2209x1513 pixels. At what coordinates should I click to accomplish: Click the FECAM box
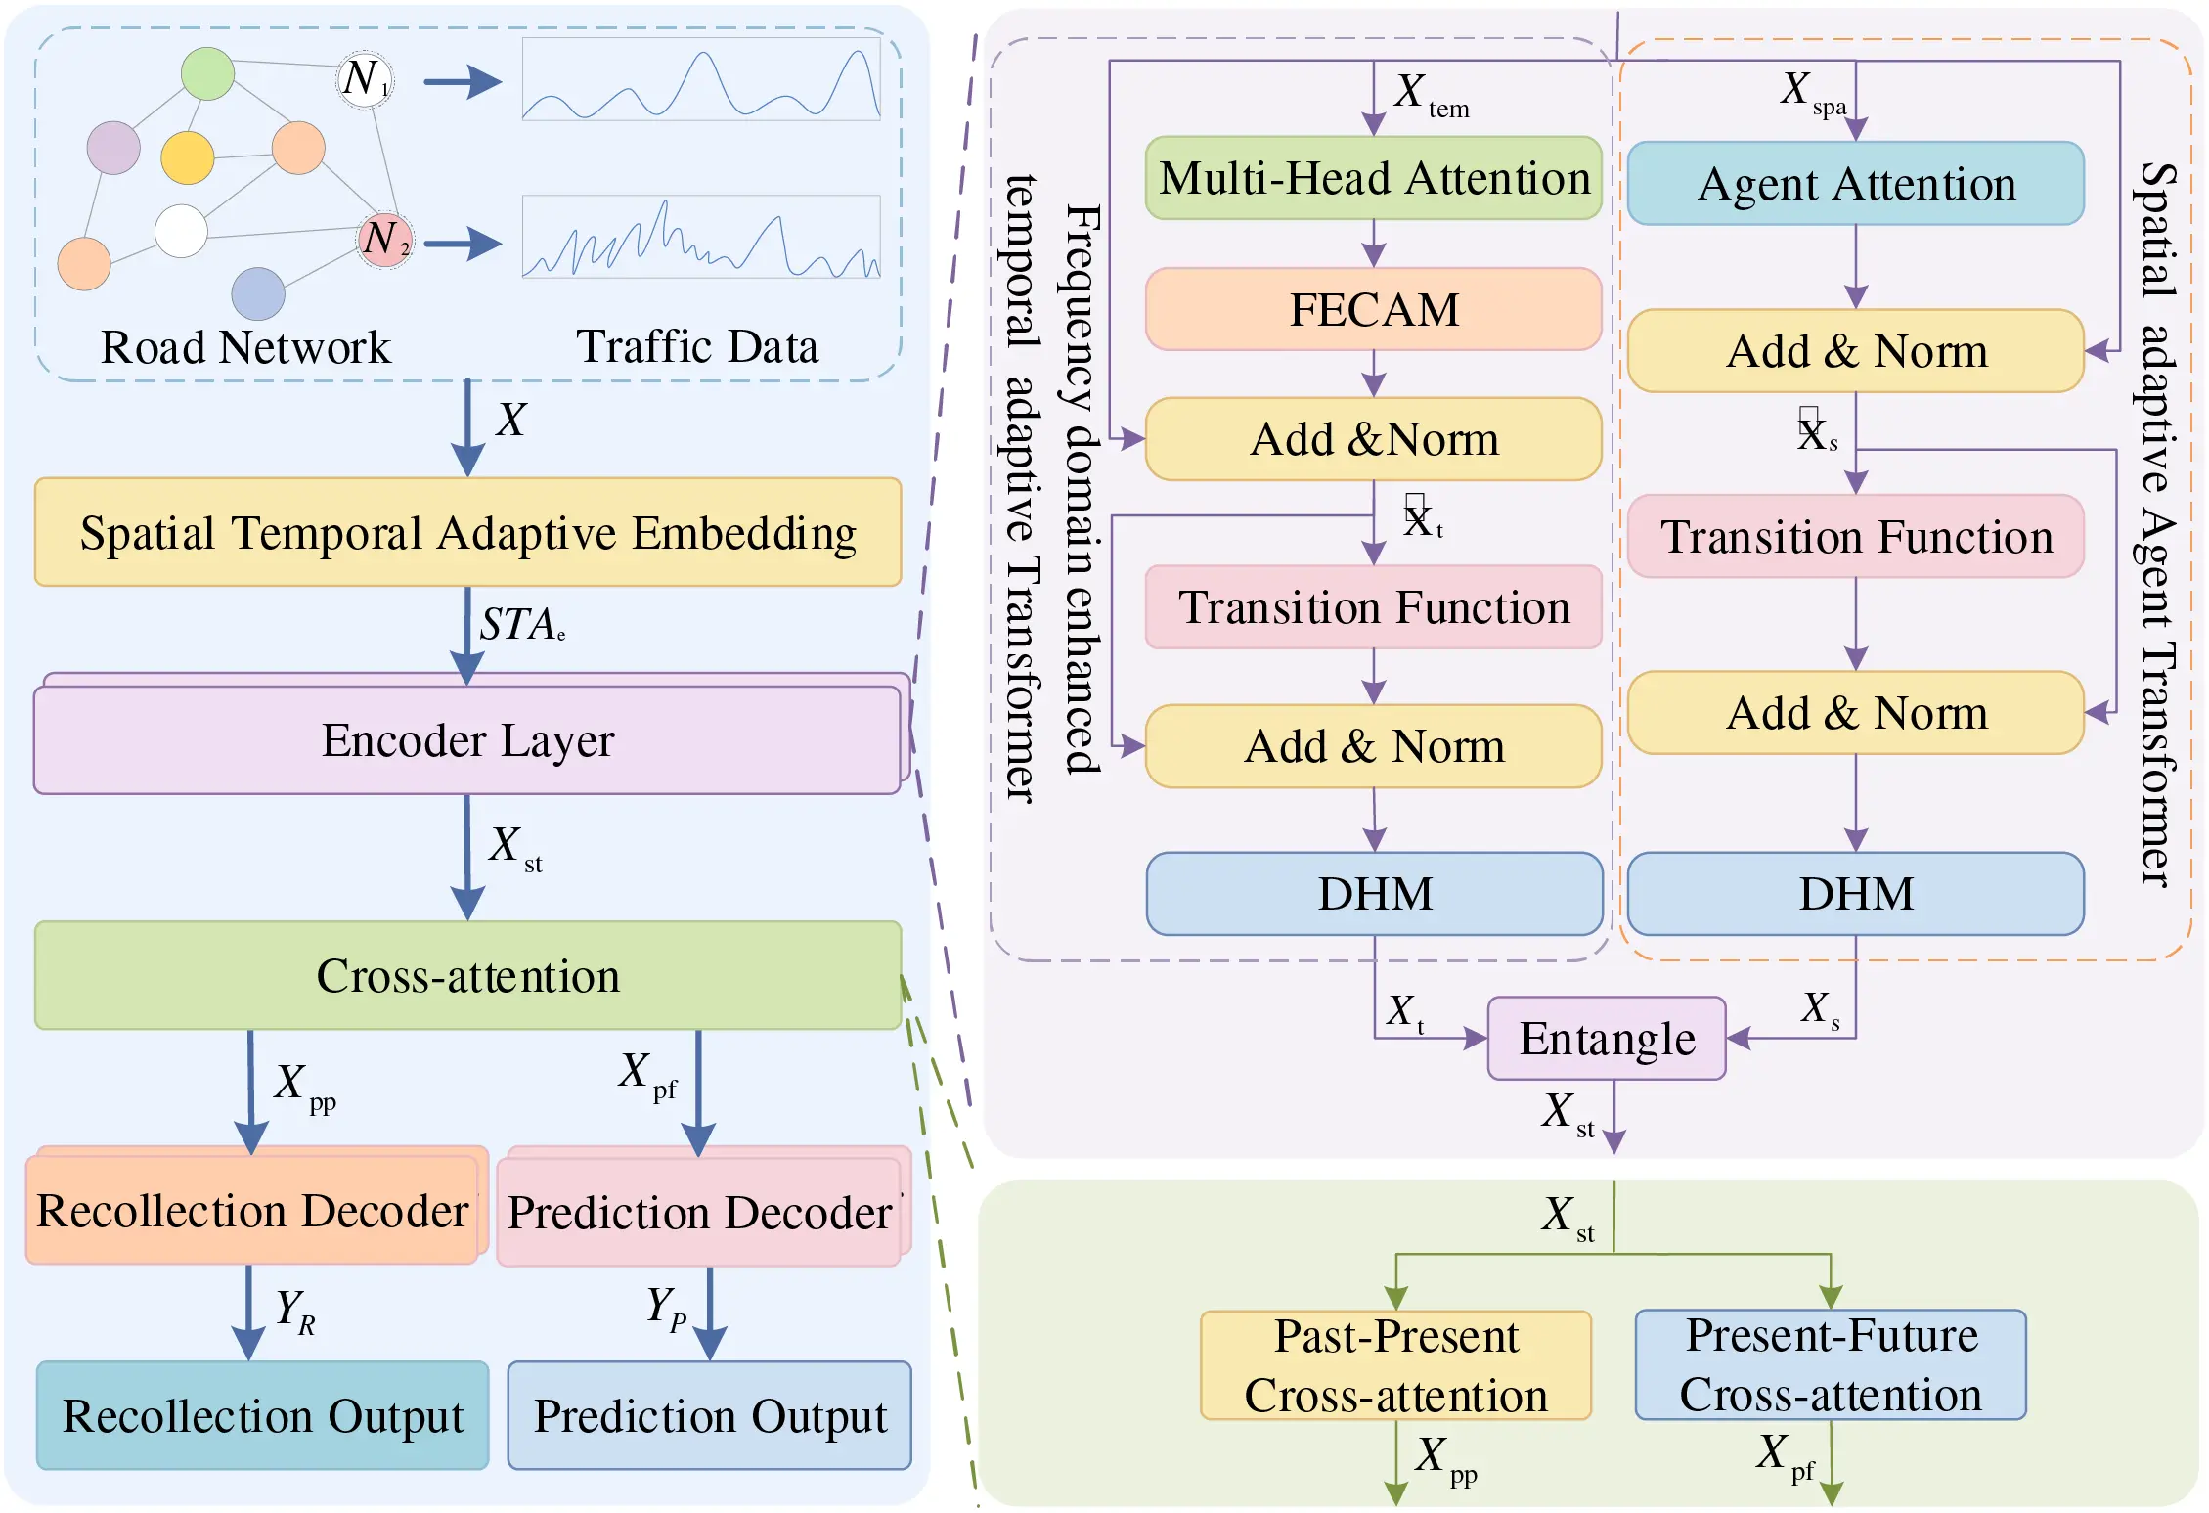(x=1373, y=309)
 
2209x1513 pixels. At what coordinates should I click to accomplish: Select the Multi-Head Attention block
(x=1373, y=178)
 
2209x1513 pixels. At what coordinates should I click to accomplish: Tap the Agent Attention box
(x=1855, y=184)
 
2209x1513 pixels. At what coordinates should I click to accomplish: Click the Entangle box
(x=1606, y=1039)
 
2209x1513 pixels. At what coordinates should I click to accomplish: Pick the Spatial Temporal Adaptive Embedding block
(x=467, y=533)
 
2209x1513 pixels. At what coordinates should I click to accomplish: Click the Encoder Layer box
(x=467, y=740)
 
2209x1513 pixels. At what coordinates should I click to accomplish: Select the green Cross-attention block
(x=467, y=976)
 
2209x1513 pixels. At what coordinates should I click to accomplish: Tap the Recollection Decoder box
(x=252, y=1211)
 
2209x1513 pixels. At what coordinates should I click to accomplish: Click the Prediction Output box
(x=709, y=1415)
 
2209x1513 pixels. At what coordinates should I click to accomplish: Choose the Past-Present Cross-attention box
(x=1395, y=1365)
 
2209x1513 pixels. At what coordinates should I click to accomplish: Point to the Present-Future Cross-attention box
(x=1830, y=1365)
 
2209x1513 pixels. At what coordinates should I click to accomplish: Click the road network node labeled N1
(x=365, y=78)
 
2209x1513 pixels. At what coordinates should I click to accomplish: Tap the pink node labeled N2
(x=384, y=240)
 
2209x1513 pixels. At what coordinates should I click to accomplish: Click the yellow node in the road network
(x=187, y=157)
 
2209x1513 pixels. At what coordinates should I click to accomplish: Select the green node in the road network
(x=207, y=73)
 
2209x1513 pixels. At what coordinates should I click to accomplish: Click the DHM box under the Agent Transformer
(x=1855, y=894)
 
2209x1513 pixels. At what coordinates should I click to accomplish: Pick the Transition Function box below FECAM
(x=1373, y=607)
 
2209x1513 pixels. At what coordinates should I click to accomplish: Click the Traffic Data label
(x=696, y=347)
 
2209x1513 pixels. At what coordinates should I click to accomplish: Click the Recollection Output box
(x=262, y=1415)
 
